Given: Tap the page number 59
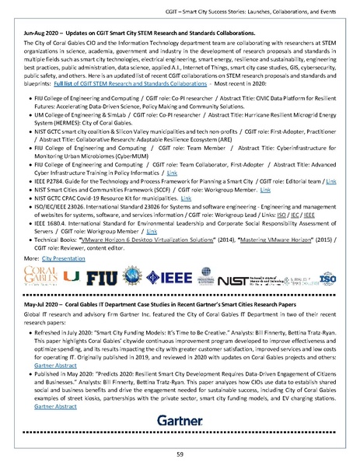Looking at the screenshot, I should coord(180,454).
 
